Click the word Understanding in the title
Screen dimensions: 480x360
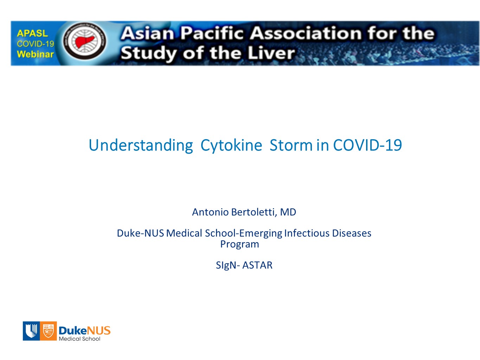141,145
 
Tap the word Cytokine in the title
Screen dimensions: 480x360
231,145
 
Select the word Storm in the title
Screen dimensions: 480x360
291,145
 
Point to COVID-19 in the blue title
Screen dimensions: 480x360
367,145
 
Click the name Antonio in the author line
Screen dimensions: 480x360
210,212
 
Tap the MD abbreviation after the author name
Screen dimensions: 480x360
288,212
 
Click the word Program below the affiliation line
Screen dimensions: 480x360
240,244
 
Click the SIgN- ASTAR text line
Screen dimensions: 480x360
244,265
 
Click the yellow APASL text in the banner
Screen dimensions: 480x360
32,33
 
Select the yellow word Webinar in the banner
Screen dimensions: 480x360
35,54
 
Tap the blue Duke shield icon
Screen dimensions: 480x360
31,331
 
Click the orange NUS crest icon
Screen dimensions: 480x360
48,331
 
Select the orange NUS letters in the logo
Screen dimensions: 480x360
98,330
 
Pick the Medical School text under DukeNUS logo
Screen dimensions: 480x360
79,339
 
